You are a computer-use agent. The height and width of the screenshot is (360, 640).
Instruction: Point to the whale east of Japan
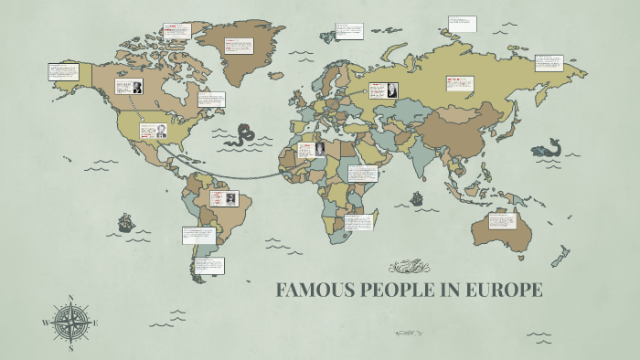(549, 147)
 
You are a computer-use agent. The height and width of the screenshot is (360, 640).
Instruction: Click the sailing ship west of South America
(125, 222)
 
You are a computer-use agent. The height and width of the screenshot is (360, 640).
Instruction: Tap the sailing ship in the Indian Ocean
(417, 198)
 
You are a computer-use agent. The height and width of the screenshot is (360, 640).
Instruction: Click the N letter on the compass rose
(71, 298)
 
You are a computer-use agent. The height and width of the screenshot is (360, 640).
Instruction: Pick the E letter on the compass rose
(95, 323)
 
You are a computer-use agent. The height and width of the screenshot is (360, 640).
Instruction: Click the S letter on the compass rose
(71, 347)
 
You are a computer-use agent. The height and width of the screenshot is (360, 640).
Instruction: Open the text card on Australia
(502, 220)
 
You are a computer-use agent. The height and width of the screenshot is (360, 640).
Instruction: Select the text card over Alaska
(63, 71)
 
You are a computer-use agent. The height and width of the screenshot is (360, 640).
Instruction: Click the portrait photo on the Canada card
(136, 88)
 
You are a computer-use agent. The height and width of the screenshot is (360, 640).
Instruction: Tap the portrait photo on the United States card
(161, 130)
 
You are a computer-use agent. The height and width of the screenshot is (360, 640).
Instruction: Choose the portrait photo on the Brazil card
(232, 198)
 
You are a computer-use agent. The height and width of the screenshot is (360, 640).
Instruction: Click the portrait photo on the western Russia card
(391, 90)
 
